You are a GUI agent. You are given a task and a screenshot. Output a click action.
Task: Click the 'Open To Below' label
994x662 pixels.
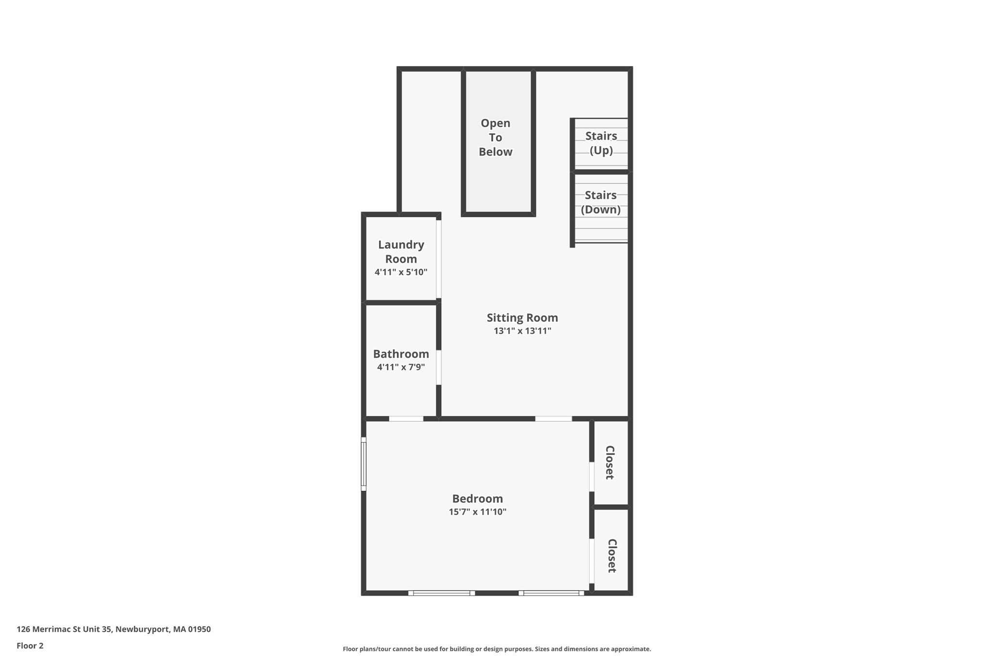click(495, 137)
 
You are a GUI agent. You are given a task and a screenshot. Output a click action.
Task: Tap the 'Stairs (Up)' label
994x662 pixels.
click(601, 143)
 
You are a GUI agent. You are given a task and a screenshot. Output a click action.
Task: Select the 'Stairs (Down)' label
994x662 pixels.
click(600, 202)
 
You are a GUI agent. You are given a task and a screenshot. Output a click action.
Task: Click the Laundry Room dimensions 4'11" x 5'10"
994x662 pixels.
click(401, 272)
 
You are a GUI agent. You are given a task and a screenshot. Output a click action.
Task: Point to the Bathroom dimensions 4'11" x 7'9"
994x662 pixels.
click(401, 367)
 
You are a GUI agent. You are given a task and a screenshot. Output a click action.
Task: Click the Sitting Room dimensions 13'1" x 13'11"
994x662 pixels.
click(522, 331)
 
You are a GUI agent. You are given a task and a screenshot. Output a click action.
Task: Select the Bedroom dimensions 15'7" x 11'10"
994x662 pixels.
click(477, 512)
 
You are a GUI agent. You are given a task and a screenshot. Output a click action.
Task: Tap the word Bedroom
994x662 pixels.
click(477, 499)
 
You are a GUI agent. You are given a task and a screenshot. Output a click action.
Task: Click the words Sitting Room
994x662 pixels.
click(522, 318)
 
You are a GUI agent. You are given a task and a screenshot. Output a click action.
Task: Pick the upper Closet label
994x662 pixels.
click(610, 463)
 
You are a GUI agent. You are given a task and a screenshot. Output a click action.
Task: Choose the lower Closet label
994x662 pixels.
click(612, 556)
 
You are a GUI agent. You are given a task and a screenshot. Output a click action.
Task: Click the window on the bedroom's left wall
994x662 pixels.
click(364, 464)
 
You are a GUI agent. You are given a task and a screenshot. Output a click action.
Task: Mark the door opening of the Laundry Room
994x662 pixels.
click(439, 259)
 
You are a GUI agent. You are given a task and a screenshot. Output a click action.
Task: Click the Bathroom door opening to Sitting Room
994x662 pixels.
click(439, 367)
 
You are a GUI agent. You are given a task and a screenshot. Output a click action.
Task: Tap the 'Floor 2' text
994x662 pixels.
click(30, 646)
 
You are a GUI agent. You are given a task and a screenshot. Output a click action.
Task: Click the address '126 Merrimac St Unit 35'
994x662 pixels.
click(65, 629)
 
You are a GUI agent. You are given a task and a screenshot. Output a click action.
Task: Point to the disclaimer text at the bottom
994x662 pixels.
click(497, 649)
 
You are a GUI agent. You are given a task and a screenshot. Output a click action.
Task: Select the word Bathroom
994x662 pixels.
click(401, 354)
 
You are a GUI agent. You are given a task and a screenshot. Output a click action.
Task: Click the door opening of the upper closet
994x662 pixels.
click(592, 477)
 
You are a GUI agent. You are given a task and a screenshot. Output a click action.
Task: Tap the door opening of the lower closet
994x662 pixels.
click(592, 561)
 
